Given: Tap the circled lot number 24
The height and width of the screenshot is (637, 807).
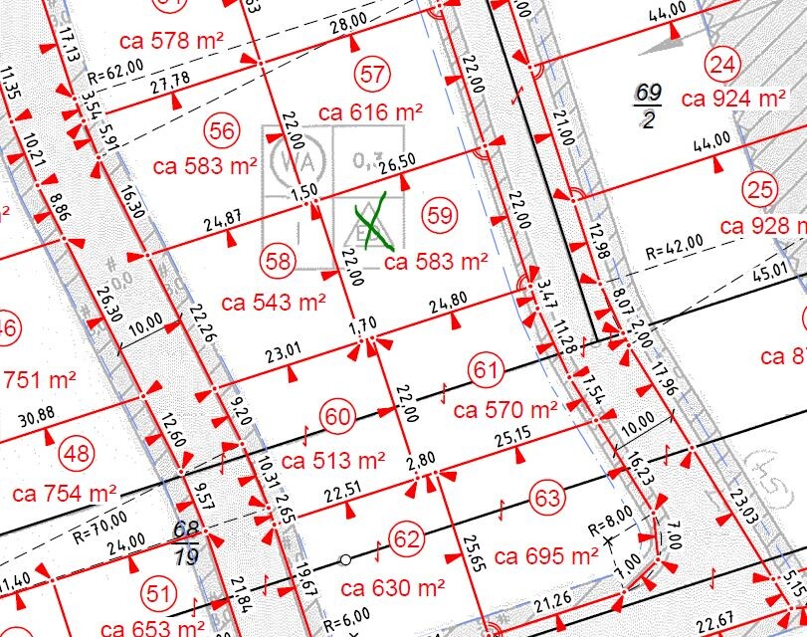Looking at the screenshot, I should click(722, 66).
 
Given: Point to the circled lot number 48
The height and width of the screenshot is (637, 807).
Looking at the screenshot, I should click(77, 454).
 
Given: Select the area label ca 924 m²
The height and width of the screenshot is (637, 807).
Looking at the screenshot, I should click(734, 99).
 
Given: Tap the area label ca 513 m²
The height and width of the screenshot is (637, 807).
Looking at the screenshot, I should click(332, 461).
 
